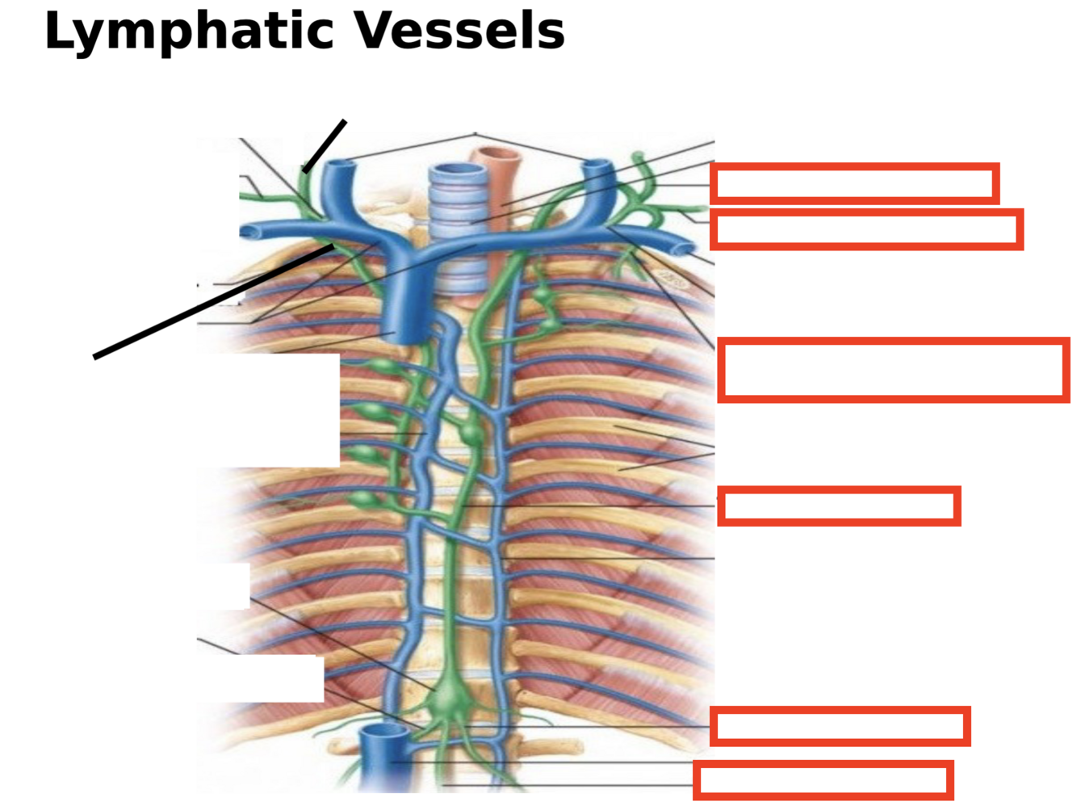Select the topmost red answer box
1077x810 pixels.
pyautogui.click(x=854, y=183)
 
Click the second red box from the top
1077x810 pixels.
pyautogui.click(x=866, y=229)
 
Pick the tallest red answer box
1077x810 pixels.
pyautogui.click(x=893, y=370)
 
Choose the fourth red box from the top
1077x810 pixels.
pyautogui.click(x=838, y=506)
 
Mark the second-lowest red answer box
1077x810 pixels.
pyautogui.click(x=840, y=726)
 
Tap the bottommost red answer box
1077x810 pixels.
pyautogui.click(x=823, y=780)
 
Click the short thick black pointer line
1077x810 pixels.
pyautogui.click(x=325, y=146)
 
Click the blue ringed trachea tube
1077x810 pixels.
pyautogui.click(x=459, y=218)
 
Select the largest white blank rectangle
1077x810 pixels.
pyautogui.click(x=268, y=410)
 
